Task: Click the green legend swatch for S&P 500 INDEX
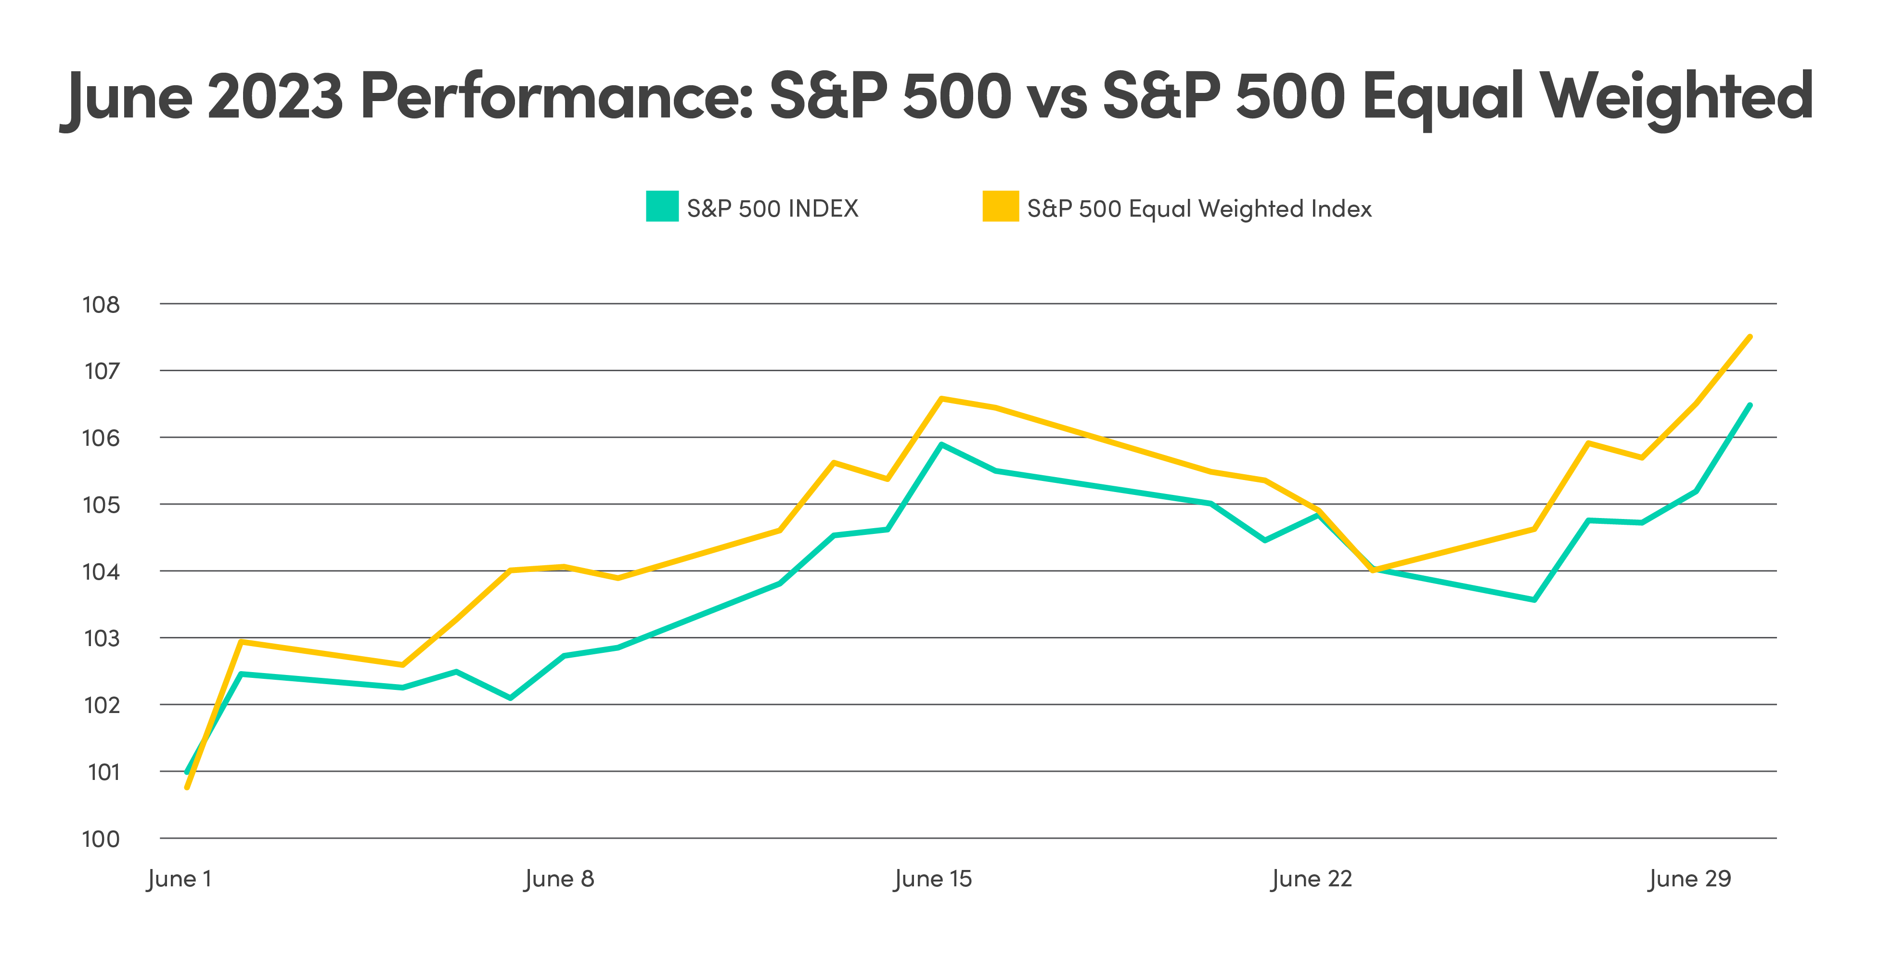point(662,207)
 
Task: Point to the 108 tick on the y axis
point(101,304)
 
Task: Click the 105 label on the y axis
point(101,505)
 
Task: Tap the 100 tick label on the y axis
point(101,839)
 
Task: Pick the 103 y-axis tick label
point(101,638)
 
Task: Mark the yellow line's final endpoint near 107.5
point(1749,337)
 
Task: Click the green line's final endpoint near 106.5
point(1749,405)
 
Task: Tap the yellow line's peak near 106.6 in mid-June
point(942,398)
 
